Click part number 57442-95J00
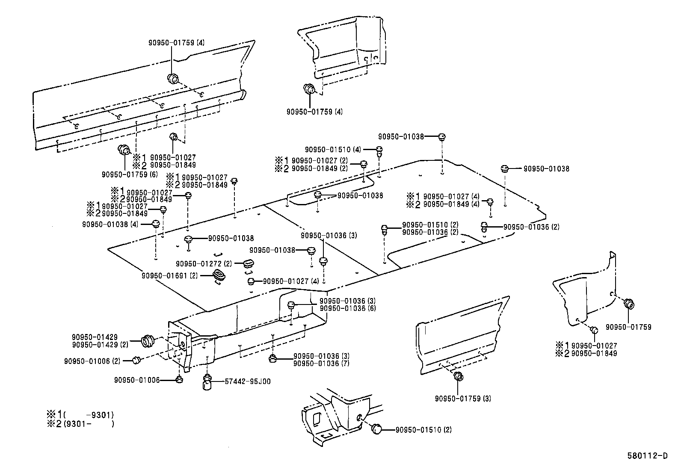tap(247, 381)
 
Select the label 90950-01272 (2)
tap(204, 264)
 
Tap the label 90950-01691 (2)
tap(170, 276)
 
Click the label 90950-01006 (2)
tap(92, 361)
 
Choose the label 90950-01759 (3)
tap(463, 399)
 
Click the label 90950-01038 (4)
tap(110, 224)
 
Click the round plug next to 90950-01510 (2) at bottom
tap(377, 429)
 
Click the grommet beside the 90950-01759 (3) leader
tap(459, 377)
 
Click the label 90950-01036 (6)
tap(348, 308)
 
